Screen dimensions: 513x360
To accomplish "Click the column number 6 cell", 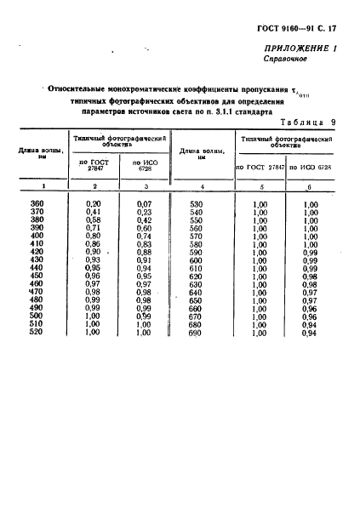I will [310, 185].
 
